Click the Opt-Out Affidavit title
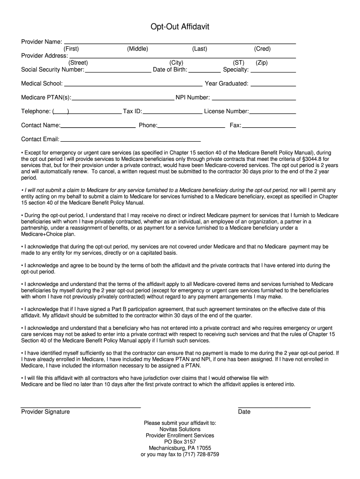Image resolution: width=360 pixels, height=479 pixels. pos(180,27)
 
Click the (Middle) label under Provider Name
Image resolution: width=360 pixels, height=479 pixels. pos(137,49)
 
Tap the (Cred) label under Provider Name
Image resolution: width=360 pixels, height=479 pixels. pos(262,49)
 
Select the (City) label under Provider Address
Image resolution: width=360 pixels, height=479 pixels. pos(176,63)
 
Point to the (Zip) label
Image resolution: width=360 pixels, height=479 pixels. pos(262,63)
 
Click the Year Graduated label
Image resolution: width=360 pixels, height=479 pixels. pos(226,84)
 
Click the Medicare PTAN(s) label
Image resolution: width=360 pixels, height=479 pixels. pos(46,98)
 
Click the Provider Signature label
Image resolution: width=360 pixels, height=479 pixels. pos(45,412)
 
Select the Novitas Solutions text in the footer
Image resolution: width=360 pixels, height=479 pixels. pos(180,429)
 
